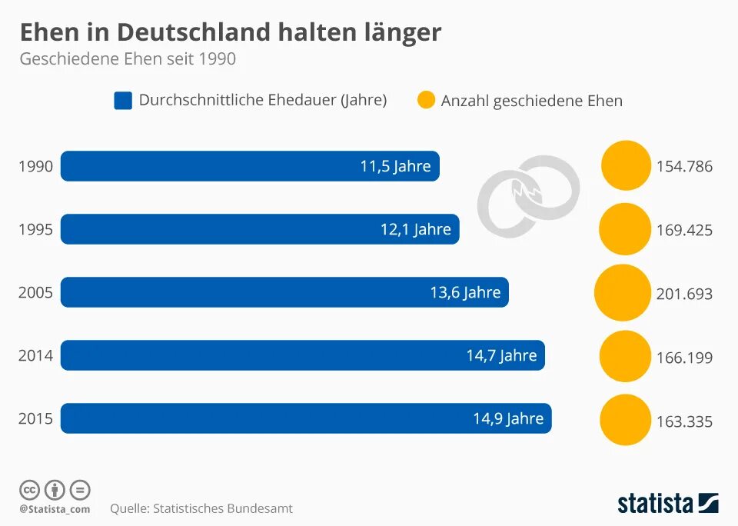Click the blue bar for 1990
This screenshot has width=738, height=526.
250,166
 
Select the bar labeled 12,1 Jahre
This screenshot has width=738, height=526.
260,229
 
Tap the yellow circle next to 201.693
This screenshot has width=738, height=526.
623,293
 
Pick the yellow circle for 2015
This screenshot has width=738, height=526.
625,420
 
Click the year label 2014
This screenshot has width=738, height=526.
35,356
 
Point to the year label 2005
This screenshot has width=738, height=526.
35,293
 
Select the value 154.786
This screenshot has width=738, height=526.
684,167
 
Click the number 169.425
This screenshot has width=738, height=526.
684,230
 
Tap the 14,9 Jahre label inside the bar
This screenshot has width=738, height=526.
508,419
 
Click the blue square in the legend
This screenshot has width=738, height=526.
123,101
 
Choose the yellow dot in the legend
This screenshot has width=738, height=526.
426,100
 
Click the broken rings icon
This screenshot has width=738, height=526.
529,195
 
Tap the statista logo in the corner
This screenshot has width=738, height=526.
667,504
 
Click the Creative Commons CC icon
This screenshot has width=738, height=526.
29,489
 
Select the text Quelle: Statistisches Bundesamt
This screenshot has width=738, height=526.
201,508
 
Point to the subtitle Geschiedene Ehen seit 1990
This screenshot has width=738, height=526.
128,59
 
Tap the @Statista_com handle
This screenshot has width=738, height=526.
55,509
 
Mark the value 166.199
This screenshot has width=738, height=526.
684,358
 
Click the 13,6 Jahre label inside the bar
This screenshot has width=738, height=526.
465,293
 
